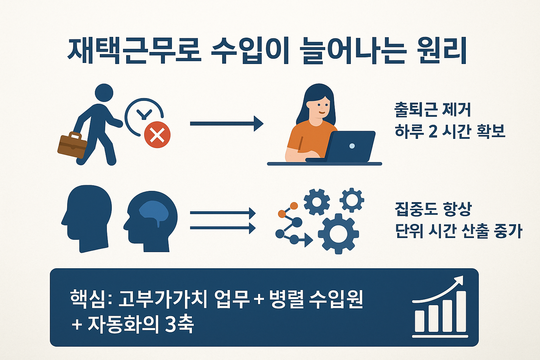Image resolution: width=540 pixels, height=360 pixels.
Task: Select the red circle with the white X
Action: click(x=157, y=135)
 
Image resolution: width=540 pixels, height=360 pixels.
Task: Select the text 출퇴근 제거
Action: click(x=432, y=110)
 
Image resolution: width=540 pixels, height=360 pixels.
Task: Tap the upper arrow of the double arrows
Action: click(x=223, y=213)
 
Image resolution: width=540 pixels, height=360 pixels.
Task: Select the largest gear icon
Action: click(x=338, y=233)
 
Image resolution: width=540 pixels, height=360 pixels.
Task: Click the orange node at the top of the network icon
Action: click(x=294, y=206)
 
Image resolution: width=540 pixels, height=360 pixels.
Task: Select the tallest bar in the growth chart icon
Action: click(x=459, y=311)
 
